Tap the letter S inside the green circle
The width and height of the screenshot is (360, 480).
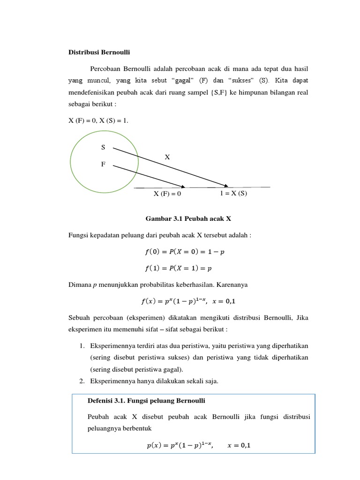coord(103,147)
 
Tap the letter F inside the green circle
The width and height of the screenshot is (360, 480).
coord(103,165)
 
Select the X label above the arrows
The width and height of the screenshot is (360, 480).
coord(167,157)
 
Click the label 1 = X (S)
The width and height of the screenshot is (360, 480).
coord(233,194)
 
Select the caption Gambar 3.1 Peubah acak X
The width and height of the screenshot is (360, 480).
coord(186,219)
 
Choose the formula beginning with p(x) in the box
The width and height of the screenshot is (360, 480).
coord(196,446)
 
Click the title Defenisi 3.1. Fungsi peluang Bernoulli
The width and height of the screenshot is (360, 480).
coord(147,401)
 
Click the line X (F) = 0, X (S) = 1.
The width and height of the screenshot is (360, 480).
coord(98,121)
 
